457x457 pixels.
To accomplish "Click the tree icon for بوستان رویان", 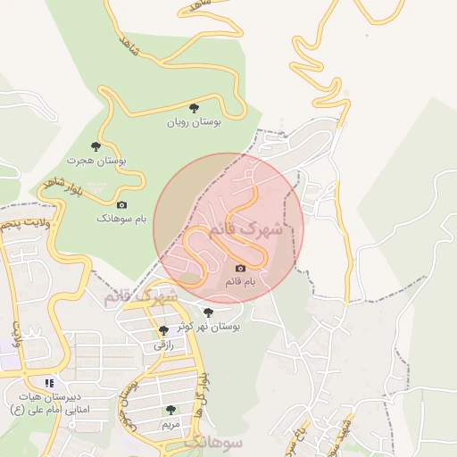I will [x=194, y=107].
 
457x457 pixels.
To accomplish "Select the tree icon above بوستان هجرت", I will [x=96, y=145].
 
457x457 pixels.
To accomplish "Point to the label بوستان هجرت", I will [x=96, y=161].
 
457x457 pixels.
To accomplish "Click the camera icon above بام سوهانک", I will [x=122, y=204].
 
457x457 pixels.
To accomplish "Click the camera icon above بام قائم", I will [x=239, y=268].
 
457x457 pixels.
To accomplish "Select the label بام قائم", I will [x=239, y=282].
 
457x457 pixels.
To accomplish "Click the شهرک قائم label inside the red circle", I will [x=245, y=230].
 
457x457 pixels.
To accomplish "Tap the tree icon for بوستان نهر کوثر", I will [x=208, y=312].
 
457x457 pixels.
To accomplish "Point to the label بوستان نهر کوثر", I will [x=209, y=327].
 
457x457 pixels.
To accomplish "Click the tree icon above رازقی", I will [x=162, y=330].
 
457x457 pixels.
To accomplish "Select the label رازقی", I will [x=162, y=345].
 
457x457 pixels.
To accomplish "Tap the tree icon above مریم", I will [x=170, y=410].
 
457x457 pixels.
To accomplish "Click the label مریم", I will [x=170, y=424].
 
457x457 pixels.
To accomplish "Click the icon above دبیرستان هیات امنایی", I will [x=50, y=382].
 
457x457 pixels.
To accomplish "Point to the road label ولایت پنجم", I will [x=23, y=220].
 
